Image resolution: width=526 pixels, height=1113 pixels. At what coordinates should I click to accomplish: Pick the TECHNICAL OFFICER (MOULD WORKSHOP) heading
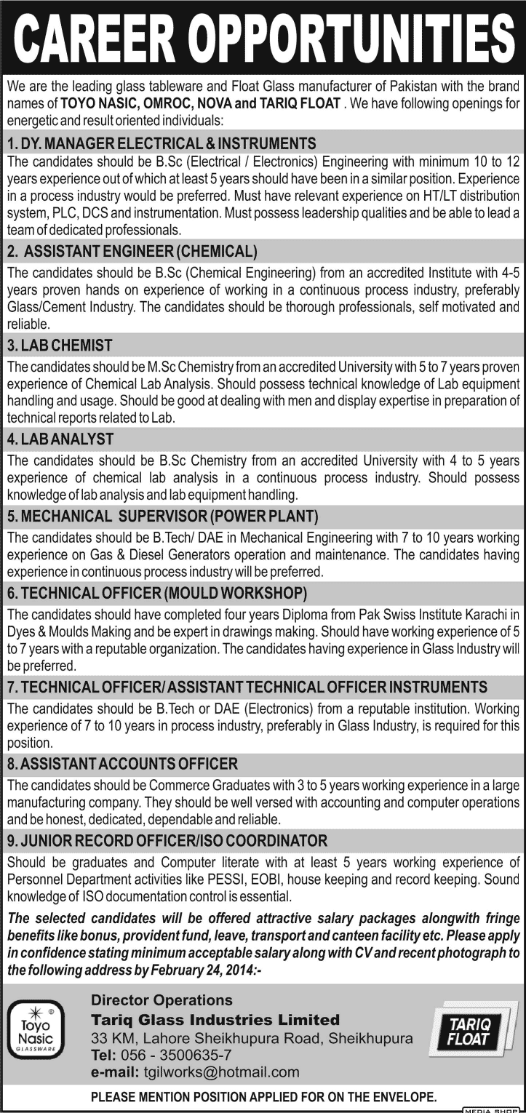click(x=156, y=593)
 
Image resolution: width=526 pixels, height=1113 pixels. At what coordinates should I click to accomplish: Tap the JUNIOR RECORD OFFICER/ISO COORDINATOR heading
click(x=167, y=841)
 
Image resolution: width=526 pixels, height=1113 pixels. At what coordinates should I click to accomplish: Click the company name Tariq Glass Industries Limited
click(x=215, y=1019)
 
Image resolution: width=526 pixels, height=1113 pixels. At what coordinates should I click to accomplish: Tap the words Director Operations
click(x=162, y=1001)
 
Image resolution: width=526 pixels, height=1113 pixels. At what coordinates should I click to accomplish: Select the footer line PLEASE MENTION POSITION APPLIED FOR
click(x=263, y=1096)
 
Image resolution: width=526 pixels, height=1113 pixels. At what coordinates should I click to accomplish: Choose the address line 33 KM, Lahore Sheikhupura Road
click(x=251, y=1038)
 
